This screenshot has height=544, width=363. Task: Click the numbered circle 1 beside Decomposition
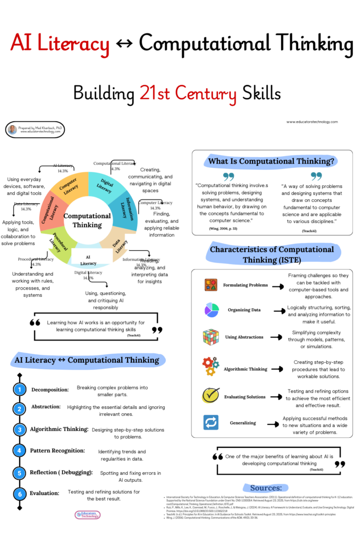(20, 389)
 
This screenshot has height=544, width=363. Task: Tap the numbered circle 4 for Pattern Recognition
(20, 450)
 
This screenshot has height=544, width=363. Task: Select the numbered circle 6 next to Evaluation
(20, 492)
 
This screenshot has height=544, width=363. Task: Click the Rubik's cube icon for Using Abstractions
(210, 337)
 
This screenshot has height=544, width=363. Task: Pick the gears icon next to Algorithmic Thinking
(210, 367)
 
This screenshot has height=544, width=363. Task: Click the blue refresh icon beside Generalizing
(210, 422)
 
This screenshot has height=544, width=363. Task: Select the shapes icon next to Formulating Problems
(210, 285)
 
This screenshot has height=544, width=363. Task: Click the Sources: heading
(266, 488)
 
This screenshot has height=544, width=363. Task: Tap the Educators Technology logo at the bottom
(88, 514)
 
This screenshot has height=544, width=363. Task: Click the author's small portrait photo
(13, 129)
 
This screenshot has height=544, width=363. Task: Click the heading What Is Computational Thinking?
(271, 161)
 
